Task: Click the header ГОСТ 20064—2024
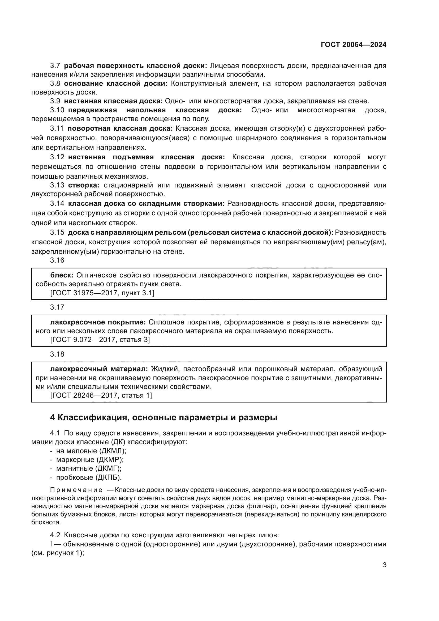tap(353, 45)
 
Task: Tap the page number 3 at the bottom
tap(384, 565)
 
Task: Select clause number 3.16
tap(57, 260)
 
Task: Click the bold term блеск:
tap(62, 275)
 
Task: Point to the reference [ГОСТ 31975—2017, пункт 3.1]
tap(102, 293)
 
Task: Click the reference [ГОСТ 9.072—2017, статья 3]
tap(100, 340)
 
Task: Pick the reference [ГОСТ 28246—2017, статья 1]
tap(101, 395)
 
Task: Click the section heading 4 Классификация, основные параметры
tap(163, 418)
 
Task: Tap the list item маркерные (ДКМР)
tap(89, 460)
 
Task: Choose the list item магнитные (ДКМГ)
tap(88, 468)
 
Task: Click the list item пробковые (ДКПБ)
tap(89, 477)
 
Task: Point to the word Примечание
tap(76, 490)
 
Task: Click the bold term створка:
tap(84, 185)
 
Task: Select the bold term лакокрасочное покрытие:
tap(98, 322)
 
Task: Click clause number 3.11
tap(57, 129)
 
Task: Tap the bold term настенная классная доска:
tap(113, 101)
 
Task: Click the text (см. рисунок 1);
tap(58, 553)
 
